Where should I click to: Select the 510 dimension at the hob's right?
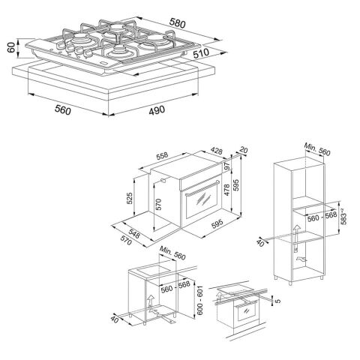221,55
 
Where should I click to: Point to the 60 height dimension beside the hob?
8,49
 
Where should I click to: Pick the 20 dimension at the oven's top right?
242,148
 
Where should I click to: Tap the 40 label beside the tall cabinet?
259,242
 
